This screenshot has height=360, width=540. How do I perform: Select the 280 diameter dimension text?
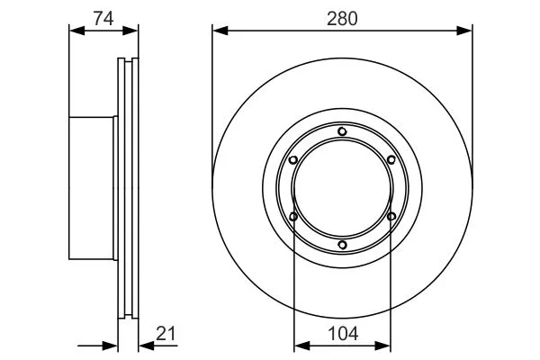[342, 16]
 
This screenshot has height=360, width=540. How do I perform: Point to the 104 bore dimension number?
[343, 334]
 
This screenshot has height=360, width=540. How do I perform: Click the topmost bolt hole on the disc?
[342, 132]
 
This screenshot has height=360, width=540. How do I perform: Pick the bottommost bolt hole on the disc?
[342, 244]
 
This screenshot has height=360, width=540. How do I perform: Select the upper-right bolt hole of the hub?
[391, 160]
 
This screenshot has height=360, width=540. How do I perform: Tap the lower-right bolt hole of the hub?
[391, 216]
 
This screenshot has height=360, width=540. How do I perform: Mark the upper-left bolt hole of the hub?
[293, 160]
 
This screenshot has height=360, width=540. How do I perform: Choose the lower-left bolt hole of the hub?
[293, 216]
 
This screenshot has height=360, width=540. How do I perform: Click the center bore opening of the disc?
[342, 188]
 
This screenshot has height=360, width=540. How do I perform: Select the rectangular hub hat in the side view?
[93, 188]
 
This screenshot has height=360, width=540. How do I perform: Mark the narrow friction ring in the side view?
[129, 188]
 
